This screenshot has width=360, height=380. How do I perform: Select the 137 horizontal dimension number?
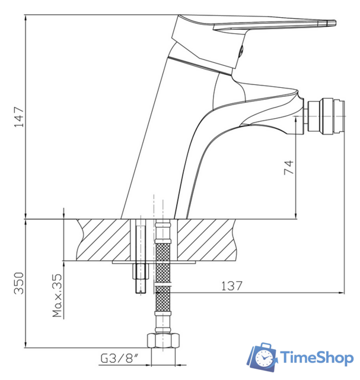[x=231, y=286]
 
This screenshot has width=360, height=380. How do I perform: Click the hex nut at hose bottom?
[x=164, y=340]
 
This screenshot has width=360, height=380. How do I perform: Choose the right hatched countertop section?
[x=205, y=239]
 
